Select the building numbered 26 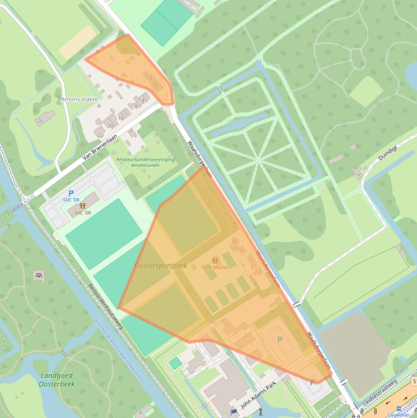pyautogui.click(x=40, y=121)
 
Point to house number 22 pyautogui.click(x=100, y=135)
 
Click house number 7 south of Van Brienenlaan pyautogui.click(x=131, y=132)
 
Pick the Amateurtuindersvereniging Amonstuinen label pyautogui.click(x=145, y=162)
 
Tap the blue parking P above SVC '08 pyautogui.click(x=71, y=193)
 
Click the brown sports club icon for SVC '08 pyautogui.click(x=82, y=206)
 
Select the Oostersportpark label pyautogui.click(x=160, y=265)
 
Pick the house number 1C pyautogui.click(x=358, y=175)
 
